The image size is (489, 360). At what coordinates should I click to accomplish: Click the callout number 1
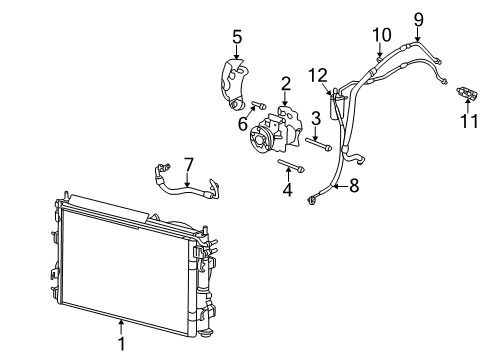coord(121,345)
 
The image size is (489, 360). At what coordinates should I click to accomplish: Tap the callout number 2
coord(285,84)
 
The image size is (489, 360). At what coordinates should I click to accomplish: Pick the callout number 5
coord(236,37)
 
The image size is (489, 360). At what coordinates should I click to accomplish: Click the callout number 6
coord(242,124)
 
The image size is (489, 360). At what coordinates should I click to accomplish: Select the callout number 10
coord(381,36)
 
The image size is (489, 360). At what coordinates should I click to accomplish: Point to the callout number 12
coord(317,74)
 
